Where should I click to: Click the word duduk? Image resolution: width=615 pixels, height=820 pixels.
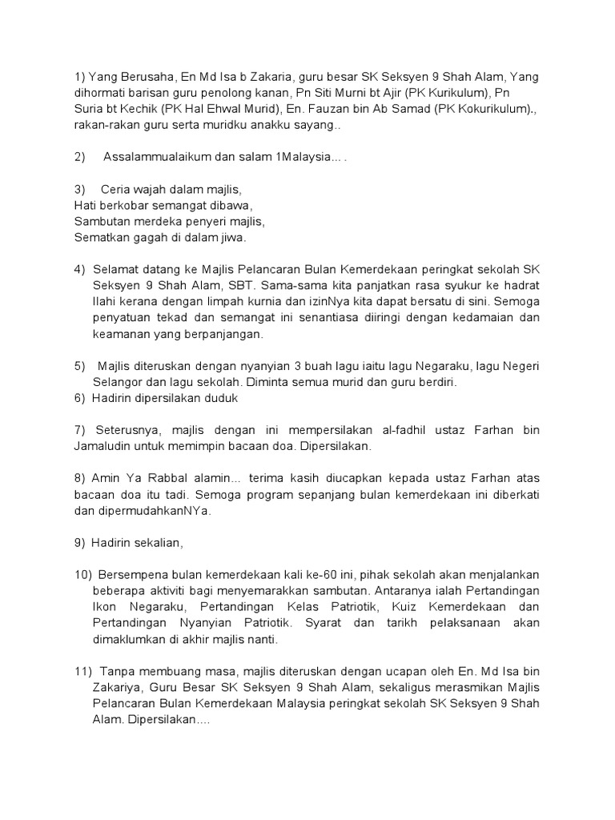pyautogui.click(x=222, y=398)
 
